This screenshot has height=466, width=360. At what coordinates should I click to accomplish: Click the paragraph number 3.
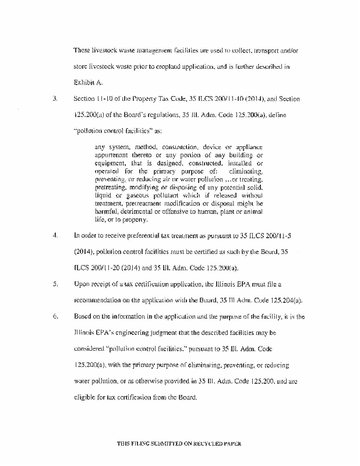coord(54,100)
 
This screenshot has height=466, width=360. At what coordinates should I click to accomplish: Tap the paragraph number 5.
coord(54,284)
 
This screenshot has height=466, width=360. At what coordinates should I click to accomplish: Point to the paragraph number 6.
coord(54,317)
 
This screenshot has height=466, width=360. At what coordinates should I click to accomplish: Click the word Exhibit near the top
coord(83,83)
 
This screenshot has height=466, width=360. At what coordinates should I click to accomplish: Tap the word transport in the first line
coord(256,51)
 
